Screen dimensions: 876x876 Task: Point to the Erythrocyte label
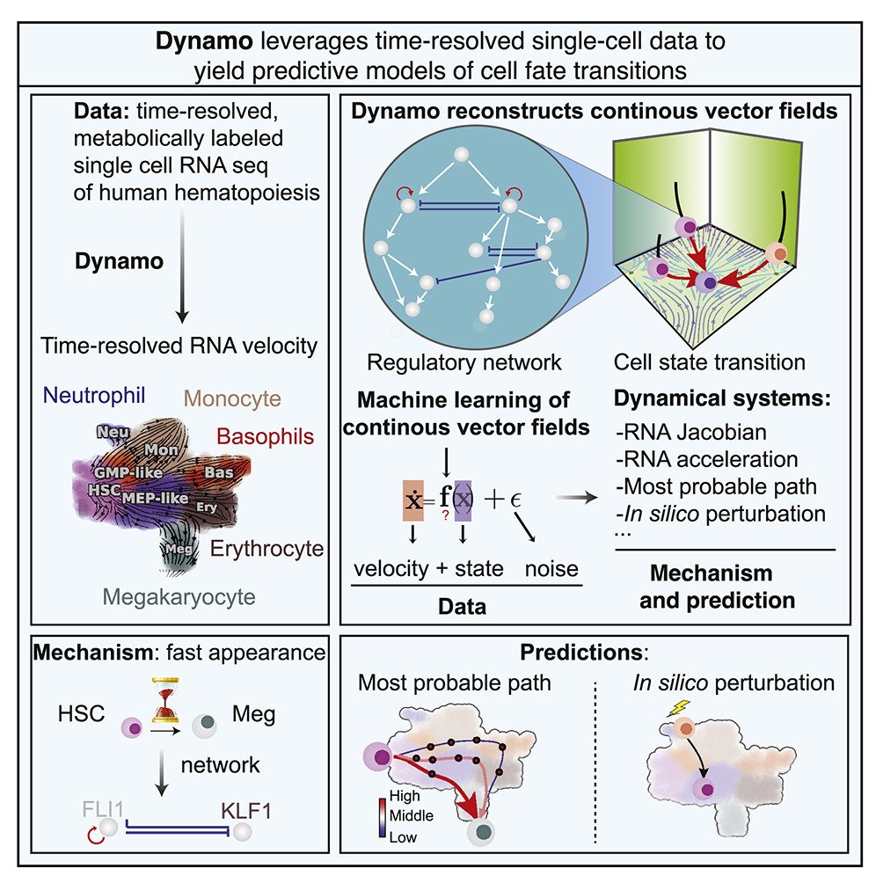[x=267, y=550]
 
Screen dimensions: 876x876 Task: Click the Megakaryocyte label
[x=179, y=597]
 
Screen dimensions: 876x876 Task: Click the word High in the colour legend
[x=405, y=798]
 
